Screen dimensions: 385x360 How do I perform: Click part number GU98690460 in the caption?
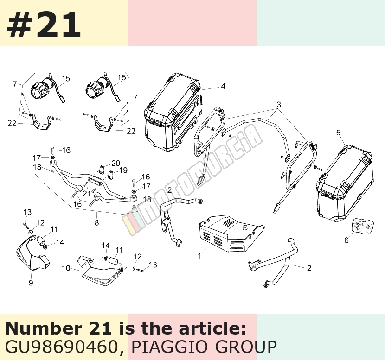coord(61,347)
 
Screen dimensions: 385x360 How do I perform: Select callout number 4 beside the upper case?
coord(223,86)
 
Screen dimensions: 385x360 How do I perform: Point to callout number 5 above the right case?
coord(338,133)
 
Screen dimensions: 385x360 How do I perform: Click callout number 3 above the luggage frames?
coord(279,105)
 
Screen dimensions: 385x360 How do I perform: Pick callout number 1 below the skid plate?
coord(200,256)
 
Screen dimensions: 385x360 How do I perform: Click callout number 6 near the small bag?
coord(346,240)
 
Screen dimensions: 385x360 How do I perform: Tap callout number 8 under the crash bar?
coord(97,223)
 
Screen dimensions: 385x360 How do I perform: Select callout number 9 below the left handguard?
coord(31,283)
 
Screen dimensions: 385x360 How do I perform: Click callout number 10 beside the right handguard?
coord(66,268)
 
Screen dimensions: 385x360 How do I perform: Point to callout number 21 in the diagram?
coord(87,194)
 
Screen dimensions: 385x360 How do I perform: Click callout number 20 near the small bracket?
coord(115,164)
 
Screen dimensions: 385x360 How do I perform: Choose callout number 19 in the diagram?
coord(123,170)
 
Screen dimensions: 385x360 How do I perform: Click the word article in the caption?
coord(212,329)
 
